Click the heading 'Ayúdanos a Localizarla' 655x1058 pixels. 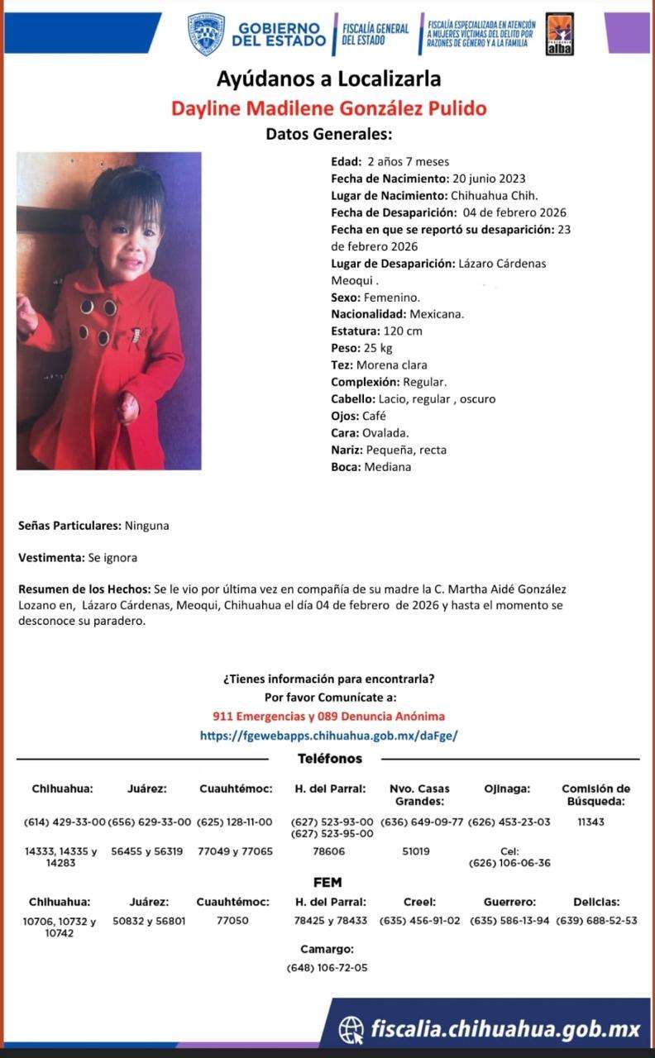[x=328, y=79]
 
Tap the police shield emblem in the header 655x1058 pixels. [x=206, y=34]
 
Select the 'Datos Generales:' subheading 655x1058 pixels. [x=328, y=134]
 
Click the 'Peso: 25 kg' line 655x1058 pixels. [x=361, y=348]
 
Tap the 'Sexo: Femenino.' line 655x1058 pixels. [x=375, y=297]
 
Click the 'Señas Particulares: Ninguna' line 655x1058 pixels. [x=93, y=525]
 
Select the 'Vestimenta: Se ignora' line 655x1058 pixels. [x=78, y=558]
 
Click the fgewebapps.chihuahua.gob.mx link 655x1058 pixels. [x=328, y=735]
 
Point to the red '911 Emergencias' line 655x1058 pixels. [x=328, y=716]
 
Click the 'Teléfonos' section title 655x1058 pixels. [x=329, y=758]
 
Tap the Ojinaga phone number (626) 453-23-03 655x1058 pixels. [x=509, y=822]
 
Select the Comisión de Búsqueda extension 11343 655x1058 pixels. [x=595, y=822]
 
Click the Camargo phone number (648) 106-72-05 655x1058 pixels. [x=327, y=967]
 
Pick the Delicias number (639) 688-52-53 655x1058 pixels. [x=596, y=921]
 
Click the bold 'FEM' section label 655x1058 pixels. [x=327, y=882]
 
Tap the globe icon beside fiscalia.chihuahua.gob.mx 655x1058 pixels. [x=351, y=1030]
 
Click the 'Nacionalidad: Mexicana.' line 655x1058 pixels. [x=397, y=314]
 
